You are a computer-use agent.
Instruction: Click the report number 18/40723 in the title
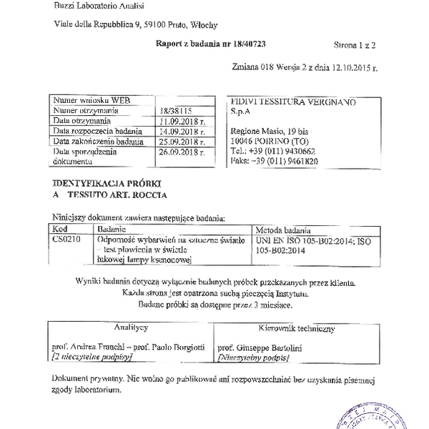point(251,44)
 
